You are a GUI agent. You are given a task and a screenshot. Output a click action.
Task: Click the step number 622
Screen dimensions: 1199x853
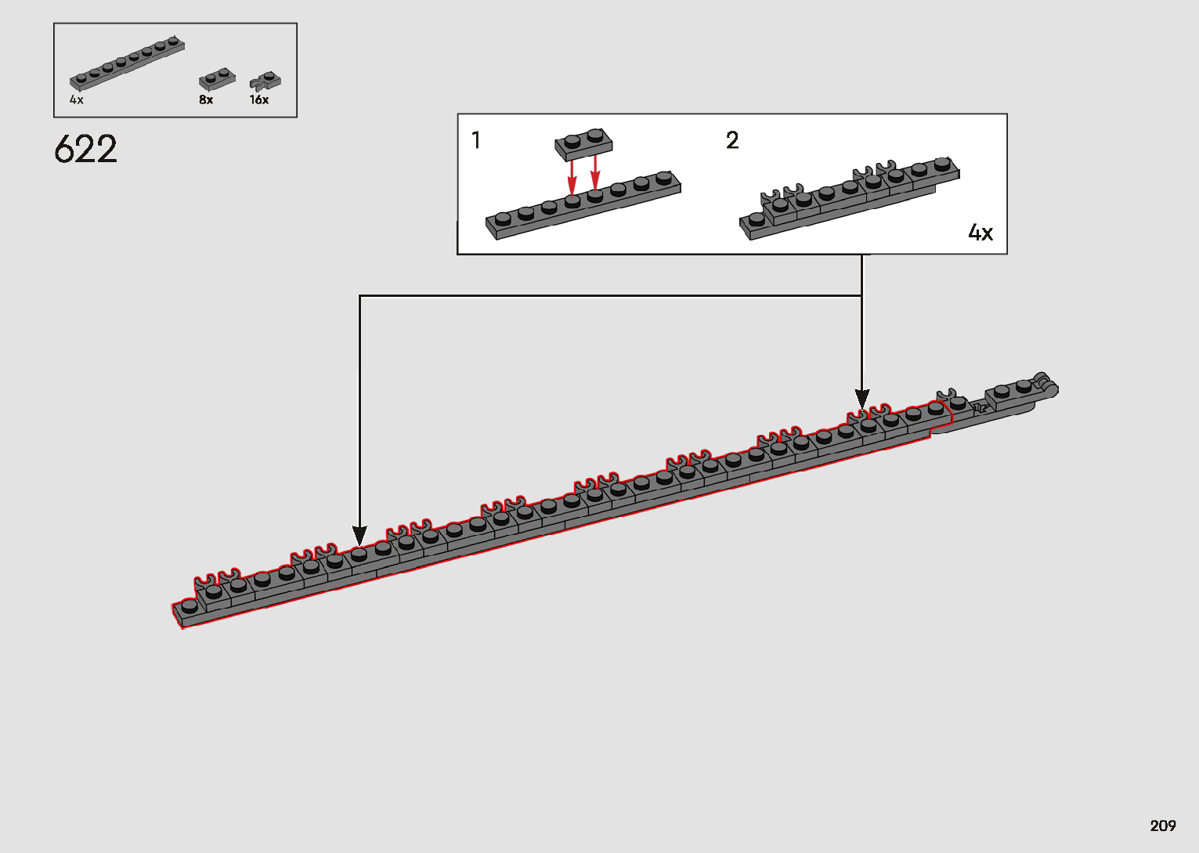86,149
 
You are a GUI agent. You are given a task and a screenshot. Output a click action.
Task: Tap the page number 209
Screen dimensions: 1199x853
1163,826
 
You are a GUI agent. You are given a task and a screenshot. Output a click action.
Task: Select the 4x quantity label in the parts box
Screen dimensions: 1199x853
76,100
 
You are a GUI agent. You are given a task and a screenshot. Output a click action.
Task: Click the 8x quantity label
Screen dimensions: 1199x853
206,100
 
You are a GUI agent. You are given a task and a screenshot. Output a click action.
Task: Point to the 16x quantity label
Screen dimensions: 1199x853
259,100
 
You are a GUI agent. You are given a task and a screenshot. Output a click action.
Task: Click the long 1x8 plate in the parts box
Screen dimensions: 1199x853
127,63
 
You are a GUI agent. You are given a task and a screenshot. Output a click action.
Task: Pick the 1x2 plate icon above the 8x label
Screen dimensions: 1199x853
217,79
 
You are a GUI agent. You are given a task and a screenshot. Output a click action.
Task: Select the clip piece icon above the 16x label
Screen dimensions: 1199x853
265,81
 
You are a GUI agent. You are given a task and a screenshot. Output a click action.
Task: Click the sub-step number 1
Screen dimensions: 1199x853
476,141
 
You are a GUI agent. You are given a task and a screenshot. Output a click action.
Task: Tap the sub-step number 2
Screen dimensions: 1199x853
732,141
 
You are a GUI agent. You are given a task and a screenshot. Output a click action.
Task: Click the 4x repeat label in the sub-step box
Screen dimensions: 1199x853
981,233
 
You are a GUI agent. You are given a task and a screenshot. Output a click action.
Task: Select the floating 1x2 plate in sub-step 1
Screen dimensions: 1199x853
583,144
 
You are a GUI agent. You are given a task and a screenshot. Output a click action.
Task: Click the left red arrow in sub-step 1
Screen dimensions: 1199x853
572,176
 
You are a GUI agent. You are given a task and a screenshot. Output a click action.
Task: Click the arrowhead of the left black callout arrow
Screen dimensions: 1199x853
359,537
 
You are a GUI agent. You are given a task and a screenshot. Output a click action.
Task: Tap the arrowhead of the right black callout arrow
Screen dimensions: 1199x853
862,399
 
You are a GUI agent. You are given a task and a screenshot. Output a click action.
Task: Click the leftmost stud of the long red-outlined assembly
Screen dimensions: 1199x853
189,605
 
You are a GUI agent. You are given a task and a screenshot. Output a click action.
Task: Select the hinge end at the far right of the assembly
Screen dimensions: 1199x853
1045,384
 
